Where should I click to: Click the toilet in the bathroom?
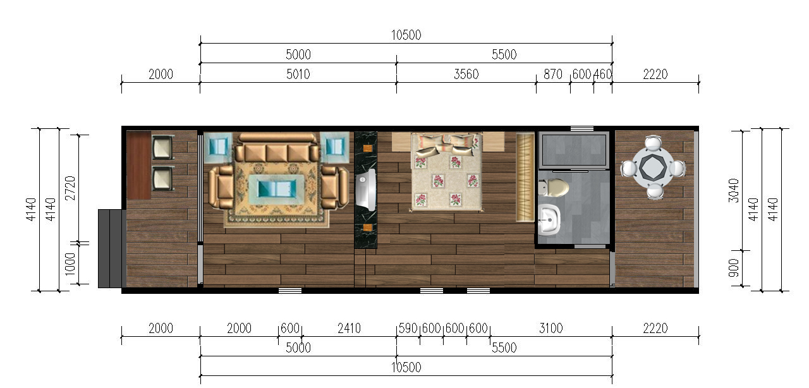tap(553, 188)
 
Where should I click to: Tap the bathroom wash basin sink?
tap(549, 220)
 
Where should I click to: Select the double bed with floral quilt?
tap(446, 172)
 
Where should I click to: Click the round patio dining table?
tap(653, 167)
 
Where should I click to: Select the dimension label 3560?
tap(466, 75)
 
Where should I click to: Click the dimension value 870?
tap(552, 75)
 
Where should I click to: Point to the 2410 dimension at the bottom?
tap(349, 329)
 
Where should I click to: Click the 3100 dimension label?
tap(550, 329)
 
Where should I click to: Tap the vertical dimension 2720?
tap(70, 188)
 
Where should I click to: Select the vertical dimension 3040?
tap(734, 190)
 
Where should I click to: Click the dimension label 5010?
tap(298, 75)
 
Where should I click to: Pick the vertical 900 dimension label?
tap(734, 268)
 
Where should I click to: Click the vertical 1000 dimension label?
tap(70, 264)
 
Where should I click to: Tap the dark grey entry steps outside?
tap(112, 248)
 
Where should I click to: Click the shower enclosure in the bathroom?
tap(573, 150)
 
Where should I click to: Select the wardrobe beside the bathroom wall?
tap(525, 177)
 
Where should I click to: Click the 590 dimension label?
tap(408, 329)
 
